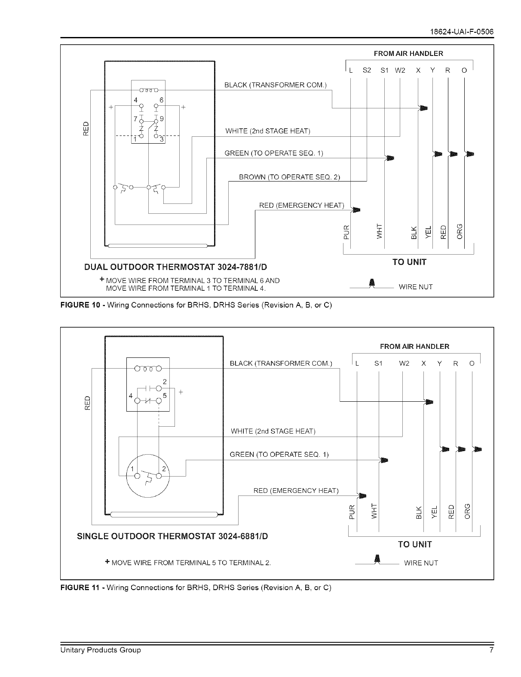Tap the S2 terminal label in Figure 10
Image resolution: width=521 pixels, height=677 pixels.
(x=367, y=71)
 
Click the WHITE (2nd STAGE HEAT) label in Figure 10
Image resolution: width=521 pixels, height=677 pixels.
(x=268, y=131)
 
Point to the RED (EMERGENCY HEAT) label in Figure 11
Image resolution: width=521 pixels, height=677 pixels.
(x=296, y=491)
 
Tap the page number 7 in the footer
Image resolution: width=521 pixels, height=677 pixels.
(x=491, y=650)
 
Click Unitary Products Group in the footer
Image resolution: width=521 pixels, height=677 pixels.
(x=100, y=650)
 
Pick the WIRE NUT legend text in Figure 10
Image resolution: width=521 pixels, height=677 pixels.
(x=416, y=287)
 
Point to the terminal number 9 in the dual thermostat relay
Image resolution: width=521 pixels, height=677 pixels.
(x=162, y=119)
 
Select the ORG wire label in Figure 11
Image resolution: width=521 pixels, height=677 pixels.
(x=468, y=511)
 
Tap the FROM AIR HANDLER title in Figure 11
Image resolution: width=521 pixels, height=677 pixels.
(x=414, y=346)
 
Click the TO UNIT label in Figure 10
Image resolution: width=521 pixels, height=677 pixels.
(x=409, y=262)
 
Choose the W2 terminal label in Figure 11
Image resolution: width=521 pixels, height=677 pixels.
(x=404, y=363)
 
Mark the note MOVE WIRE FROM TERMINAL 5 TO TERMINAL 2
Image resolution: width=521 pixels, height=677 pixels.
(x=190, y=563)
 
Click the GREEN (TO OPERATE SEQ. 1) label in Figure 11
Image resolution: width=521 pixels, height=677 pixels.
(x=279, y=454)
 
